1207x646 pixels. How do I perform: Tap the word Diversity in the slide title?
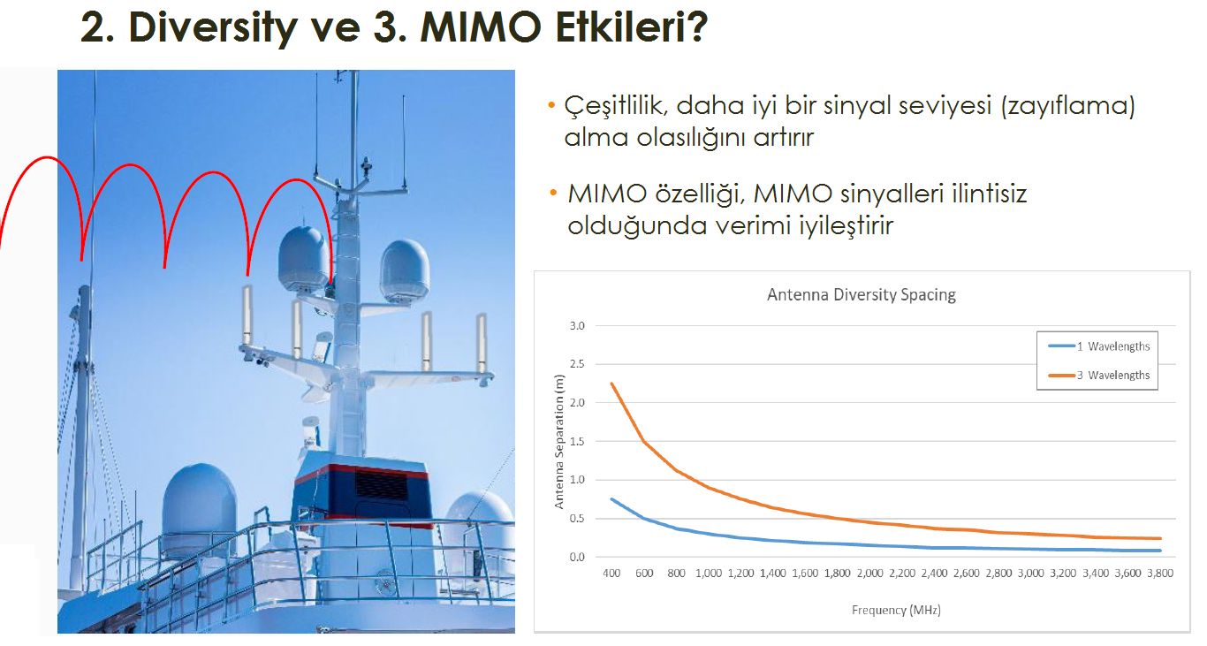click(213, 28)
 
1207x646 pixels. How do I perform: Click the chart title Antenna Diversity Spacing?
click(861, 294)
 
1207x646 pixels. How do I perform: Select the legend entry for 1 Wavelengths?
click(1099, 346)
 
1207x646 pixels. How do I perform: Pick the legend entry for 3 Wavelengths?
click(1099, 375)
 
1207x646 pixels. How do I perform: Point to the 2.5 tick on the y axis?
click(577, 364)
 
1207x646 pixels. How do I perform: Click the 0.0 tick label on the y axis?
click(577, 557)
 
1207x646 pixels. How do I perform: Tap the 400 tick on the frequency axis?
click(611, 574)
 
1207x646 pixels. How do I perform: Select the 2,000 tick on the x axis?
click(869, 574)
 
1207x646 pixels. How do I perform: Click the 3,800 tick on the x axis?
click(1160, 574)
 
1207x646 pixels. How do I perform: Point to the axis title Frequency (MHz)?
click(896, 610)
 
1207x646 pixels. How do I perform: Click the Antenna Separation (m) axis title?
click(558, 442)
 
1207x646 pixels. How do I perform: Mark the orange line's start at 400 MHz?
click(611, 383)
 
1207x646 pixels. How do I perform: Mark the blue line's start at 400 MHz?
click(611, 499)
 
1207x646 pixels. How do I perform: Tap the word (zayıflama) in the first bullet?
click(1068, 106)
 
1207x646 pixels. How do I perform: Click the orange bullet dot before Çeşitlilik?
click(550, 104)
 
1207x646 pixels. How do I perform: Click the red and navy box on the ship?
click(362, 491)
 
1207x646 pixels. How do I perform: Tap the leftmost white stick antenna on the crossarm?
click(247, 315)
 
